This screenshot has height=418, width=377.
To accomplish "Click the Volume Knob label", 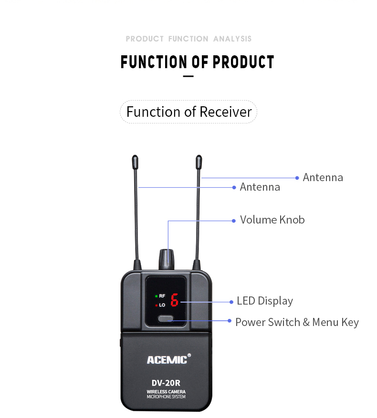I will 272,220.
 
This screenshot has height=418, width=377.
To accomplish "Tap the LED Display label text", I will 265,301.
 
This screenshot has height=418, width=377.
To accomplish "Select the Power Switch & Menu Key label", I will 297,322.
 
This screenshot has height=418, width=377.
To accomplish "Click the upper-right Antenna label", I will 323,177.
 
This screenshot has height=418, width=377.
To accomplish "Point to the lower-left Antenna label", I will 260,187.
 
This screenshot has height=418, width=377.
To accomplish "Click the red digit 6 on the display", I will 174,300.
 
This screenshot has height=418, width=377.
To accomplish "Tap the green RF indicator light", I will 156,296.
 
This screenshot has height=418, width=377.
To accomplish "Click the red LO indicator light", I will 156,305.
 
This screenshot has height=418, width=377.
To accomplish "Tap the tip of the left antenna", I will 135,161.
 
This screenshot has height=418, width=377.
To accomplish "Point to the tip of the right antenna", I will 199,161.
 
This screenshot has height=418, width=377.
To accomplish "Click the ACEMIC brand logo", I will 168,359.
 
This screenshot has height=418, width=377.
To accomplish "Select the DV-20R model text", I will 166,382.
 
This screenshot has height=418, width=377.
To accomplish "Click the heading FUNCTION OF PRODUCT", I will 197,62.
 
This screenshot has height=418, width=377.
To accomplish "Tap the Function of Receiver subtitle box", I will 188,112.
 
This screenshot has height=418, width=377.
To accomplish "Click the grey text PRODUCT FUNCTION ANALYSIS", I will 188,39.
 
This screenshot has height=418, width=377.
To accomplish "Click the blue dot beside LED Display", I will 231,301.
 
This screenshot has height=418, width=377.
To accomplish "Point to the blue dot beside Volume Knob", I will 234,221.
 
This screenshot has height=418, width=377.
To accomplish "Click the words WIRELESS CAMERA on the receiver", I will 166,392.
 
